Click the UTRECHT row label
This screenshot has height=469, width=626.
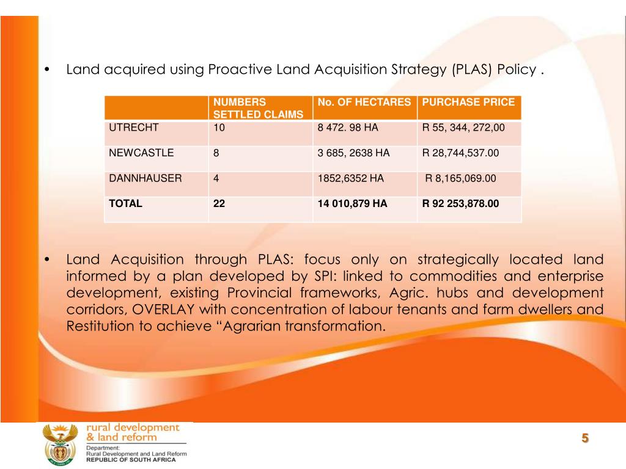tap(134, 128)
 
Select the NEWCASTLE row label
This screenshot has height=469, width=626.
tap(141, 153)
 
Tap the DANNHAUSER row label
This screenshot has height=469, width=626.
tap(145, 178)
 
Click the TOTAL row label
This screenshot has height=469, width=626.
tap(125, 204)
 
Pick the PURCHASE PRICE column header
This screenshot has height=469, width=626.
tap(469, 102)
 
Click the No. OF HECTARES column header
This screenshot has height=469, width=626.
tap(364, 102)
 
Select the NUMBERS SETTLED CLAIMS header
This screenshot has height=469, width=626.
tap(258, 108)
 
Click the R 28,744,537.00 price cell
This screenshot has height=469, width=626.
tap(461, 153)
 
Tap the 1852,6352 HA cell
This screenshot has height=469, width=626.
tap(351, 178)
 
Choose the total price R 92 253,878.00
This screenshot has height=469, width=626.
tap(461, 204)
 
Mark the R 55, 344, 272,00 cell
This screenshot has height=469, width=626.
tap(464, 128)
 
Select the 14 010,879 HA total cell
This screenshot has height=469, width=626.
tap(353, 204)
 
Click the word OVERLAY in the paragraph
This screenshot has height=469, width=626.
tap(164, 309)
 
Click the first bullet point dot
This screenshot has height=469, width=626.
tap(48, 70)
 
